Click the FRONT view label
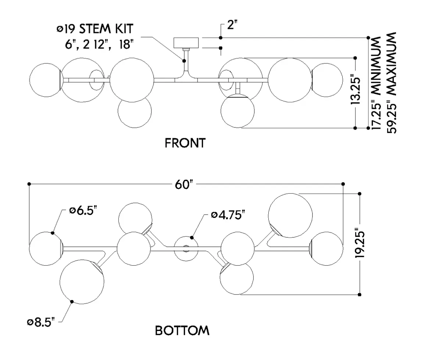(x=185, y=143)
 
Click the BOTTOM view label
(x=182, y=331)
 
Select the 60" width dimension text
(x=185, y=184)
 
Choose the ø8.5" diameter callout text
(x=41, y=322)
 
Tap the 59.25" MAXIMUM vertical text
(x=391, y=83)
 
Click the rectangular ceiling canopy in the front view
(x=186, y=42)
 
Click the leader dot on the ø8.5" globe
(x=72, y=302)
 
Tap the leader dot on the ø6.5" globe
(x=53, y=233)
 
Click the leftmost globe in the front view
(x=45, y=80)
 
